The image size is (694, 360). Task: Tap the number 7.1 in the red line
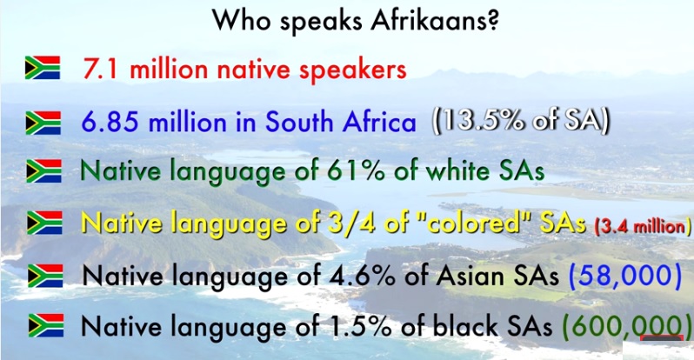click(x=101, y=69)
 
